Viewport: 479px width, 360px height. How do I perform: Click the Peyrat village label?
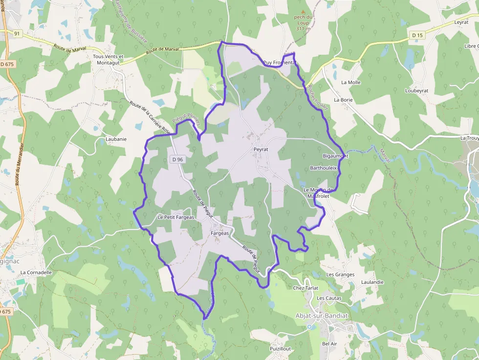click(x=261, y=149)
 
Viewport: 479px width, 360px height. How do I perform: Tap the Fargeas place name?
click(x=219, y=233)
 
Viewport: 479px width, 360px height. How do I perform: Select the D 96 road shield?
click(x=177, y=160)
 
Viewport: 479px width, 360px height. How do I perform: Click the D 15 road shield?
click(x=417, y=35)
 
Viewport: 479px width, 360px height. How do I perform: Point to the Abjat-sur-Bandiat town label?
click(x=322, y=316)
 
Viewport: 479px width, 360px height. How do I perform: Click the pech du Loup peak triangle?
click(x=303, y=12)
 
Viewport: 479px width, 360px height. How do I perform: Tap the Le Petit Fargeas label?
click(x=176, y=217)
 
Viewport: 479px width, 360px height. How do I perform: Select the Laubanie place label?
click(x=116, y=139)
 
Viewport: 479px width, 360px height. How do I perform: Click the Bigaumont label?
click(x=335, y=156)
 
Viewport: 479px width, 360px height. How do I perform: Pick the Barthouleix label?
click(x=324, y=168)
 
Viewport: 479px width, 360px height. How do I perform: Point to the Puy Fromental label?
click(x=280, y=63)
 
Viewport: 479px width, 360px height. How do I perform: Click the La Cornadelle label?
click(x=36, y=273)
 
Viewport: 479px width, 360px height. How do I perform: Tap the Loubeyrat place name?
click(x=416, y=91)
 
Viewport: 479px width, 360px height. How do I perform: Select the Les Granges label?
click(x=340, y=275)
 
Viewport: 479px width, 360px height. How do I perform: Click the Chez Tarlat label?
click(x=305, y=288)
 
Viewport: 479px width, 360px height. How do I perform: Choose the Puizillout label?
click(x=281, y=349)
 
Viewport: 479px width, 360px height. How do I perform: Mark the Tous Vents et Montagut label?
click(x=108, y=60)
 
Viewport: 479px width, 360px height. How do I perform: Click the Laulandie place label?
click(x=372, y=282)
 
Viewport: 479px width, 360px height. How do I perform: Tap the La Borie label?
click(x=343, y=100)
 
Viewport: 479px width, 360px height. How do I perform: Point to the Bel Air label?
click(x=329, y=344)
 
